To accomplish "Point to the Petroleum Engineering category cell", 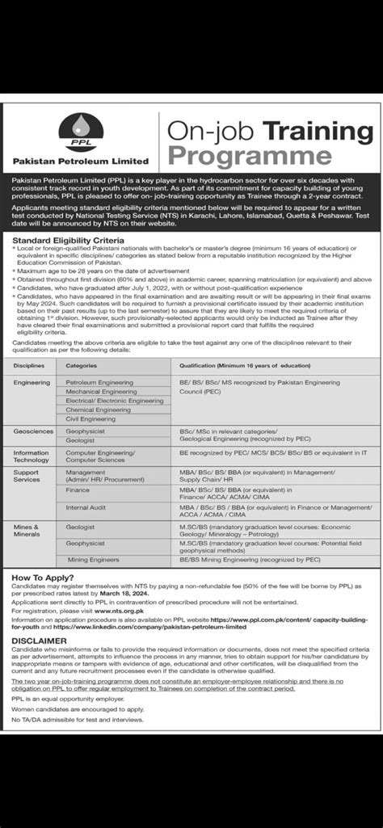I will [x=99, y=381].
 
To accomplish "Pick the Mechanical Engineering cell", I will [x=101, y=391].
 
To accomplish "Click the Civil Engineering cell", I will [x=91, y=419].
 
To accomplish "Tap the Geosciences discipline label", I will [x=34, y=432].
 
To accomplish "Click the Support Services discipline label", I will [x=27, y=475].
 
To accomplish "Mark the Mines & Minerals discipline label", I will [x=27, y=529].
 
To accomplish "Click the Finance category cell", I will [x=78, y=490].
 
